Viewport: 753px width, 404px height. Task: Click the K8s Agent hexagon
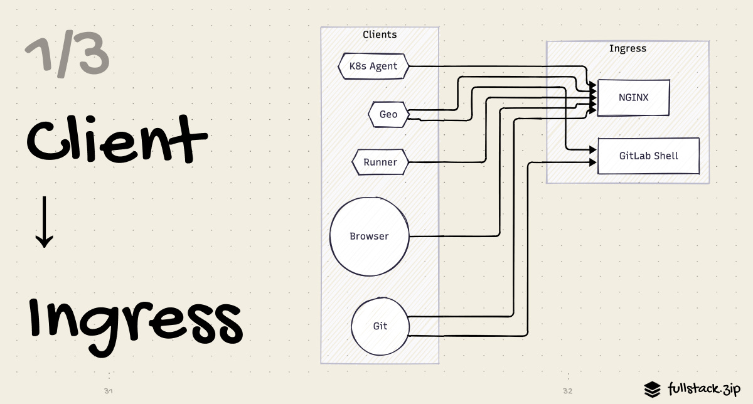coord(373,66)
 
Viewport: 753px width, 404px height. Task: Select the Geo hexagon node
coord(388,114)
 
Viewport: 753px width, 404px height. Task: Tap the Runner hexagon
coord(380,162)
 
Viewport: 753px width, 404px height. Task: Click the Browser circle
coord(369,237)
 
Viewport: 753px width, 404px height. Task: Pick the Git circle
coord(380,327)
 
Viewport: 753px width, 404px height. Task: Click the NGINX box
coord(633,98)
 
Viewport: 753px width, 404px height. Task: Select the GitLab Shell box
coord(648,156)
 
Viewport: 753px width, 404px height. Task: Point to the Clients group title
coord(380,35)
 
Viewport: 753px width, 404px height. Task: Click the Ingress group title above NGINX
coord(627,48)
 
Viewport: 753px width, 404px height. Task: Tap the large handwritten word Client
coord(116,139)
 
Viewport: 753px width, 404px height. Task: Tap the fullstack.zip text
coord(705,388)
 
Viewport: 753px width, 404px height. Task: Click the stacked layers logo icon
coord(653,389)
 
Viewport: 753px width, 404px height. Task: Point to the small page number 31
coord(108,391)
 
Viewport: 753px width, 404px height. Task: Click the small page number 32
coord(567,391)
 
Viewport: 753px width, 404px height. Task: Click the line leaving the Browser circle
coord(452,237)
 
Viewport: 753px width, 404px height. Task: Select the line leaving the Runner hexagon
coord(446,162)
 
